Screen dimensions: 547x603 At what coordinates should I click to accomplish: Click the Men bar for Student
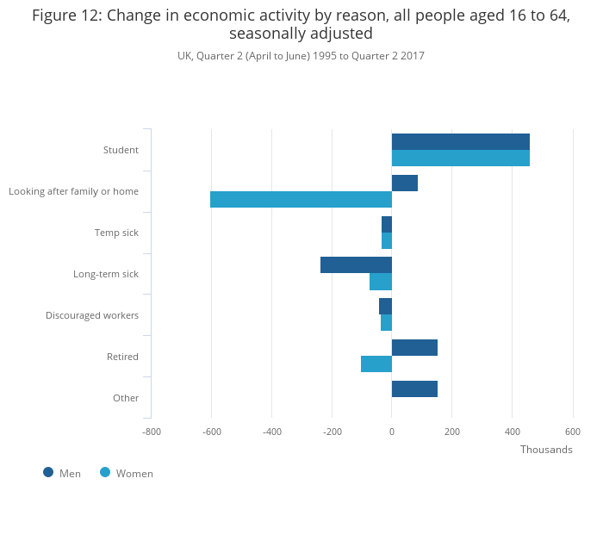point(461,142)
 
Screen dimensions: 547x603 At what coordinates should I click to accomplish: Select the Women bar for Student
point(461,159)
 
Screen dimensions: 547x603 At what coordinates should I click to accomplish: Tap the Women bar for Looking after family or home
point(301,200)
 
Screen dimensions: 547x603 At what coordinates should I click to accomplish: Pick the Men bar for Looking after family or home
point(405,183)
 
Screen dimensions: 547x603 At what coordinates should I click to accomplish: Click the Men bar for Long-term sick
point(356,265)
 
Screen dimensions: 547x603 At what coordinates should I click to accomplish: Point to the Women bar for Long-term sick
point(381,282)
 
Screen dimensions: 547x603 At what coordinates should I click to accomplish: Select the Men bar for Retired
point(414,348)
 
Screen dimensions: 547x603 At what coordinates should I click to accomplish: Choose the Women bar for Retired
point(376,364)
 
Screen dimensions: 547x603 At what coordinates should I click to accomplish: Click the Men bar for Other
point(414,389)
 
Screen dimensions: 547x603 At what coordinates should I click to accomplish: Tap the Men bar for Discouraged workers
point(385,307)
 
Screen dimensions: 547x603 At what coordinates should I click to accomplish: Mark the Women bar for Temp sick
point(387,241)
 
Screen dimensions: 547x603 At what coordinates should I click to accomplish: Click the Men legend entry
point(62,473)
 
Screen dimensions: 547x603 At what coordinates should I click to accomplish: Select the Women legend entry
point(127,473)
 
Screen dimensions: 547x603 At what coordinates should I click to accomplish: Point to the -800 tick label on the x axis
point(152,432)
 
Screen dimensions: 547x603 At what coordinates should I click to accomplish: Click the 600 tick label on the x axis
point(573,432)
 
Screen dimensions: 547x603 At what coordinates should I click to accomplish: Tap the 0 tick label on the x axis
point(392,432)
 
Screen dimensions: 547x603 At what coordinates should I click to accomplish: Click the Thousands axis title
point(546,450)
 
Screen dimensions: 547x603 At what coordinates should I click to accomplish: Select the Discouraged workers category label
point(92,315)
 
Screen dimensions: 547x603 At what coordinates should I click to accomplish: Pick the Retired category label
point(122,357)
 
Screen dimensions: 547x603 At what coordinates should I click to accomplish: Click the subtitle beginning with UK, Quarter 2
point(301,56)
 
